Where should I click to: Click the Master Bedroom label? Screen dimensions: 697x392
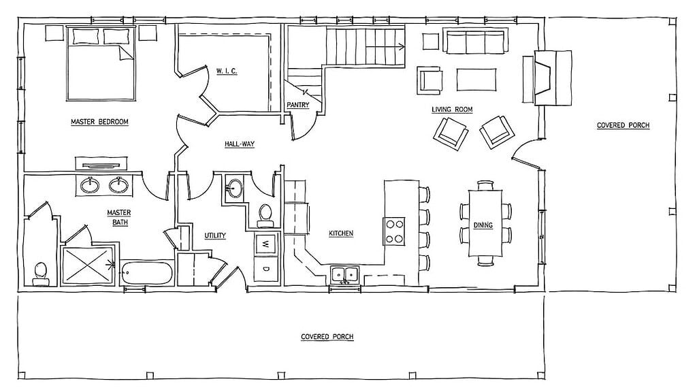click(x=99, y=122)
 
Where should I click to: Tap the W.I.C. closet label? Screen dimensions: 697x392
click(x=227, y=71)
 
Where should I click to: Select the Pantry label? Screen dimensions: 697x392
click(x=298, y=105)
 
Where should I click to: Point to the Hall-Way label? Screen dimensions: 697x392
click(x=240, y=144)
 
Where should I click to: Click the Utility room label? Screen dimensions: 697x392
click(x=215, y=235)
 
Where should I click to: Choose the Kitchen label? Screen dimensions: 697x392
click(x=341, y=233)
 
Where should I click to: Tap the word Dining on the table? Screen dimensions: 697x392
click(x=483, y=225)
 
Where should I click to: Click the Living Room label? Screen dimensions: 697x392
click(x=452, y=110)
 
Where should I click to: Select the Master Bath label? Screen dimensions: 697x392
click(x=119, y=217)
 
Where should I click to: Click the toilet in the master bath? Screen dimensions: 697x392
click(x=40, y=274)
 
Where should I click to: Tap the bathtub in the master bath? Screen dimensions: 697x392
click(x=147, y=274)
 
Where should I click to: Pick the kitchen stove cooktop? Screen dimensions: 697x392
click(x=394, y=231)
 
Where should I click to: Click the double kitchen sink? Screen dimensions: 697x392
click(x=344, y=275)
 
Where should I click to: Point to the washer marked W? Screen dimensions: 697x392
click(x=266, y=244)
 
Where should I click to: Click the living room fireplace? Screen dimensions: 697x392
click(x=547, y=78)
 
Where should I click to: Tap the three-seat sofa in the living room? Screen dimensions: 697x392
click(x=475, y=41)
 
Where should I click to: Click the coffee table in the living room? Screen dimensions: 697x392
click(x=476, y=79)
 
